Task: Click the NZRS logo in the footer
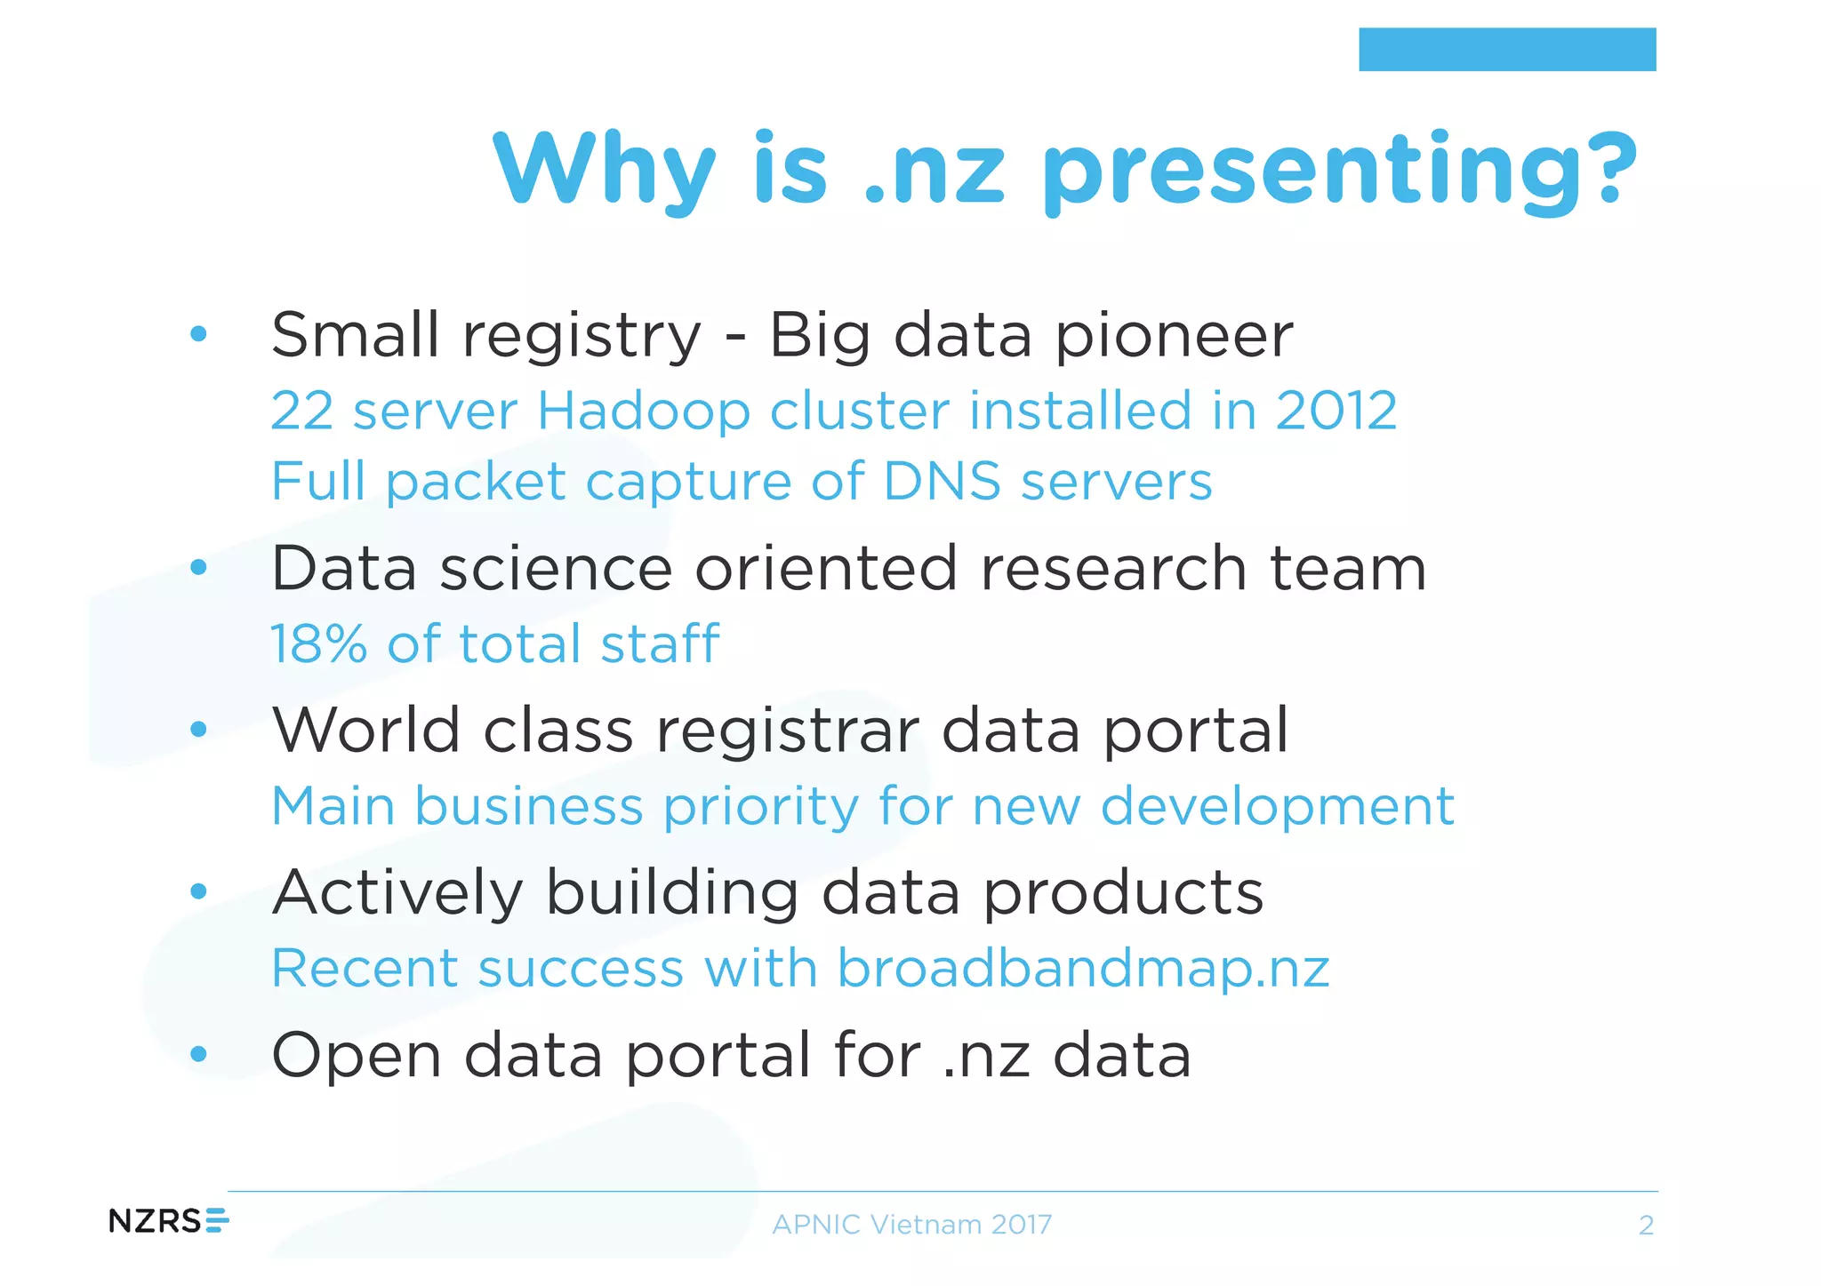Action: coord(168,1221)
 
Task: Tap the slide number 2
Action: coord(1646,1226)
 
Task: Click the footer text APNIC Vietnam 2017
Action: coord(911,1225)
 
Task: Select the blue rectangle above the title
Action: coord(1506,49)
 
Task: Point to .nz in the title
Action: coord(934,171)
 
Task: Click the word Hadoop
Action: coord(643,411)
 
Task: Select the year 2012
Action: coord(1336,411)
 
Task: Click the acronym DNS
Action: coord(942,482)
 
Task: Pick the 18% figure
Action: coord(318,643)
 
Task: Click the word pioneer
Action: coord(1174,336)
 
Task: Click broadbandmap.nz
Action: coord(1083,968)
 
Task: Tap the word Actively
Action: coord(397,892)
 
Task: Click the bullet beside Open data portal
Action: coord(198,1055)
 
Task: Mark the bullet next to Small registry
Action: coord(198,334)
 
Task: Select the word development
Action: coord(1277,807)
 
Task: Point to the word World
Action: coord(365,731)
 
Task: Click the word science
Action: coord(556,569)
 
